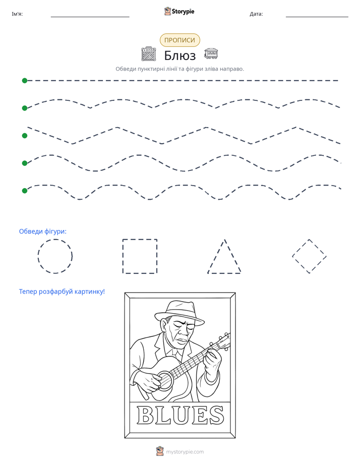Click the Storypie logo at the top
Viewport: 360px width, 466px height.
[x=179, y=11]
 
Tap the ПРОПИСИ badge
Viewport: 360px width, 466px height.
[x=179, y=40]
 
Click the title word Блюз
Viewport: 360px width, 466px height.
[x=179, y=55]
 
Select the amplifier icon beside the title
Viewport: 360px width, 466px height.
[x=149, y=54]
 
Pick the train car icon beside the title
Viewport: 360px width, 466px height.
[x=211, y=53]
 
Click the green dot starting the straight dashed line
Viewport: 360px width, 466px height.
[x=25, y=81]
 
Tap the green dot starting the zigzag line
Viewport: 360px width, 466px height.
[x=25, y=136]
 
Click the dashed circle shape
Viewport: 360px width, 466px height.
[x=38, y=256]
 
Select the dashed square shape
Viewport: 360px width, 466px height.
[x=123, y=256]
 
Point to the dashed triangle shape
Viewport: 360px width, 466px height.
[x=216, y=256]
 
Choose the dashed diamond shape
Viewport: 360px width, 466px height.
[x=301, y=248]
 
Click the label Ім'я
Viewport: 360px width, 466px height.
[x=17, y=14]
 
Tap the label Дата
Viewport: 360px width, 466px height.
[x=256, y=14]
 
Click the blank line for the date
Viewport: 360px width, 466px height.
[x=317, y=17]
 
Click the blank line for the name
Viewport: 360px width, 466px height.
[x=90, y=17]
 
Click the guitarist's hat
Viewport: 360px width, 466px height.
[x=179, y=314]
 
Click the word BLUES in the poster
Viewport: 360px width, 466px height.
[x=180, y=415]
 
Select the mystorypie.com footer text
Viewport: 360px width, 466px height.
[x=185, y=452]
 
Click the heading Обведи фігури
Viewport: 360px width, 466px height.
[x=43, y=231]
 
